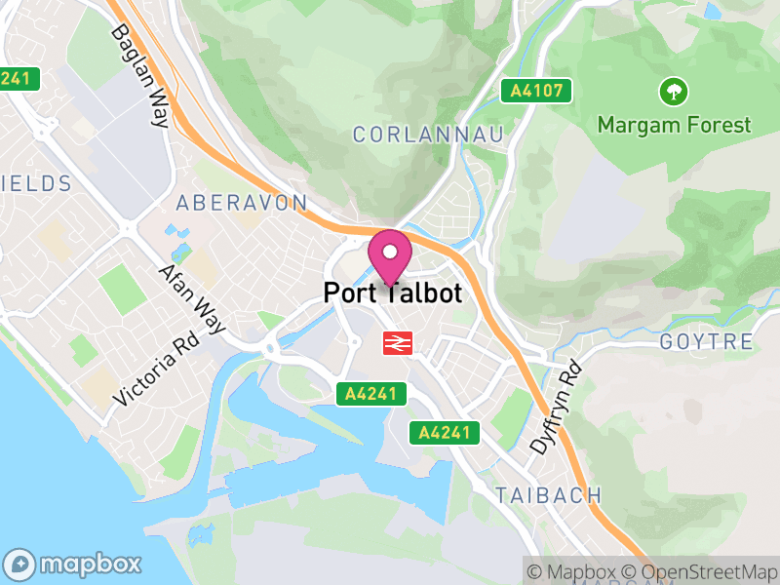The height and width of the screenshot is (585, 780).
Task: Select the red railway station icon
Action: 396,342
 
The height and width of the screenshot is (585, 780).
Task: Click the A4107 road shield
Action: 536,92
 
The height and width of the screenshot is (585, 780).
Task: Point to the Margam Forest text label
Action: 675,125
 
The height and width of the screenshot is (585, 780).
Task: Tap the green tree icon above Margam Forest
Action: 673,93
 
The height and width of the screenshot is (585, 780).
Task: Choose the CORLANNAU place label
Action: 429,135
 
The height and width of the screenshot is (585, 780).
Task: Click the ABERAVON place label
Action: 242,203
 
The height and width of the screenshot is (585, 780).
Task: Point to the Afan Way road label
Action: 192,299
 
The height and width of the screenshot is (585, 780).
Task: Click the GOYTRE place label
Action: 706,342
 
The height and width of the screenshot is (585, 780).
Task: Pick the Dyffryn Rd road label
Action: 556,407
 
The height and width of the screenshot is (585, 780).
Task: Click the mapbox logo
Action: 74,564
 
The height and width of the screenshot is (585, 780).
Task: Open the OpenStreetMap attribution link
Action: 703,571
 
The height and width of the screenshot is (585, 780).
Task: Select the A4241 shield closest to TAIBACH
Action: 445,432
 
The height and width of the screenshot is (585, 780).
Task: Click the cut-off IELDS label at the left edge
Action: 36,183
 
